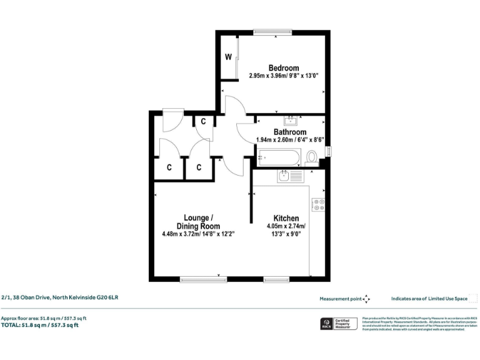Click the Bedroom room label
coord(283,67)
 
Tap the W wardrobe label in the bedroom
coord(229,57)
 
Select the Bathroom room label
coord(289,132)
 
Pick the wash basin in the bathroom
coord(291,120)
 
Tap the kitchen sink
coord(289,176)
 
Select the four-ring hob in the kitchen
coord(319,205)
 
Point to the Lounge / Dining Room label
coord(197,222)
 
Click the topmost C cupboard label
coord(203,121)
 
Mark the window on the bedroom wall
coord(272,31)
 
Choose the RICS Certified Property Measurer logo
coord(337,324)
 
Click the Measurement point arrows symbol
coord(366,299)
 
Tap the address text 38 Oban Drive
coord(59,298)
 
